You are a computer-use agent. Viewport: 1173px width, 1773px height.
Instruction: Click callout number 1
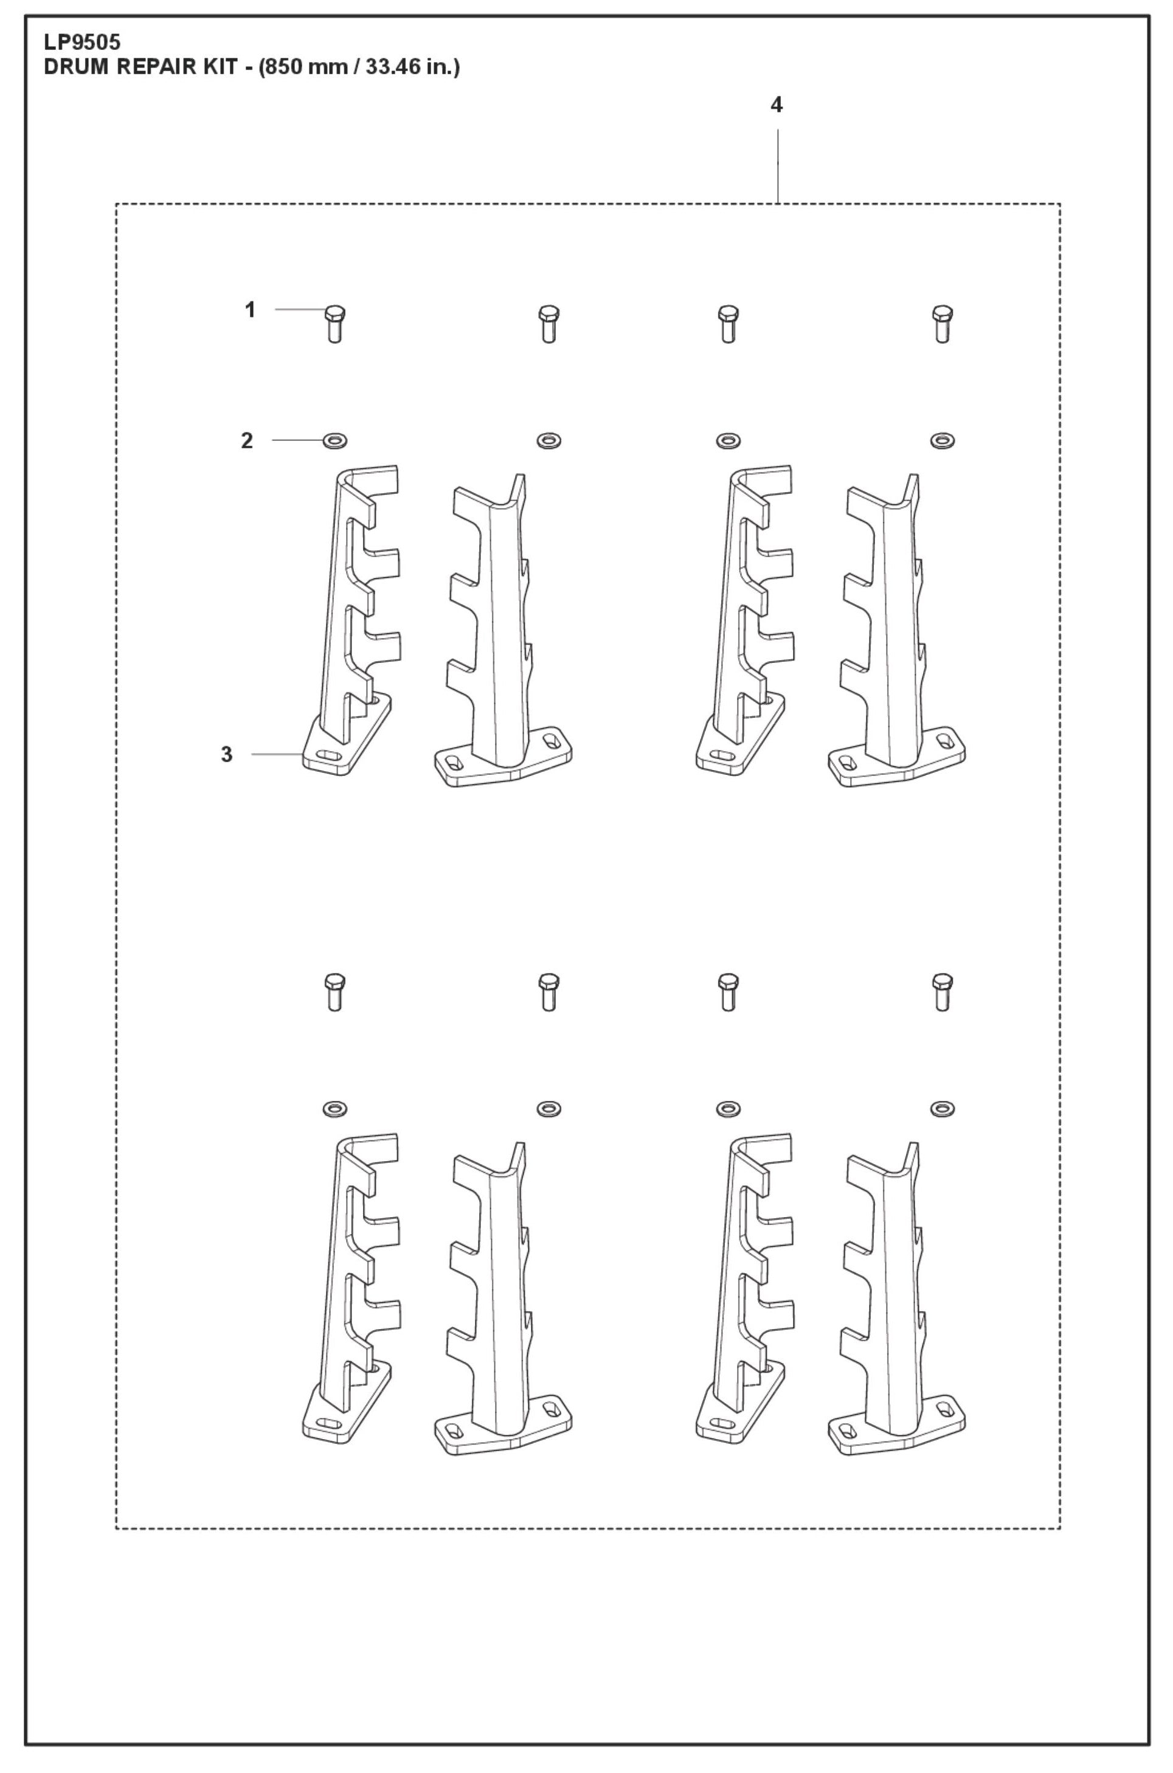251,310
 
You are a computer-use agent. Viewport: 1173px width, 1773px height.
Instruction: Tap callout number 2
247,442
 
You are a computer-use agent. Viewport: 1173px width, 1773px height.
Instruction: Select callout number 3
227,754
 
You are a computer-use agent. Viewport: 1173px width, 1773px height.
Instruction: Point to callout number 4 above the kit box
777,105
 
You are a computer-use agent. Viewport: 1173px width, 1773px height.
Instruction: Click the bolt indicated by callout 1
335,324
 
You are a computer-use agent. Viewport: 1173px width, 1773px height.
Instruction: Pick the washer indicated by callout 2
334,440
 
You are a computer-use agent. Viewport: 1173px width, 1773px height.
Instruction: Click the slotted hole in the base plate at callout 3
328,755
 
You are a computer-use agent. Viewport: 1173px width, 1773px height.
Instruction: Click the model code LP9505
82,43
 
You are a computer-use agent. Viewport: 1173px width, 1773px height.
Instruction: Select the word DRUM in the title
75,68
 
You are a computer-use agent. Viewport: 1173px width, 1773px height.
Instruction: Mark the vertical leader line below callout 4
778,166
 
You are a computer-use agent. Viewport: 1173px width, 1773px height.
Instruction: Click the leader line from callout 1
300,309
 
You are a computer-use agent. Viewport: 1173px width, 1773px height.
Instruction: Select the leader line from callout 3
277,754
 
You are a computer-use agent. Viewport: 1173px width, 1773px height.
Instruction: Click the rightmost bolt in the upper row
943,324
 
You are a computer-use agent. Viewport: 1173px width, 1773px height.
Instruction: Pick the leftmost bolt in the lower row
335,992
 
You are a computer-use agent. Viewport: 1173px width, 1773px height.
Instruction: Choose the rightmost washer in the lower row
942,1109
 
